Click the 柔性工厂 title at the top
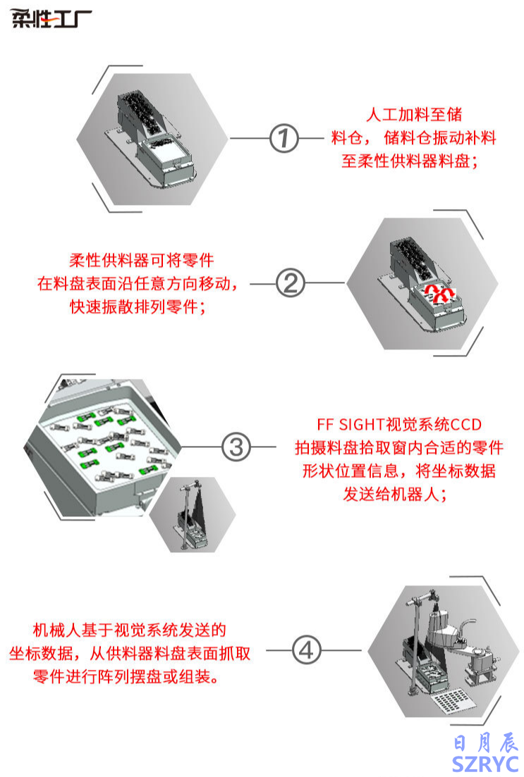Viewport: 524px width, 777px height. (51, 19)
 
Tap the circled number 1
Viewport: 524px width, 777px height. (285, 138)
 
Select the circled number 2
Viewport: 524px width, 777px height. (290, 284)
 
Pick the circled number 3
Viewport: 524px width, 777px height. (236, 447)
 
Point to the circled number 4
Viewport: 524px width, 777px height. (305, 650)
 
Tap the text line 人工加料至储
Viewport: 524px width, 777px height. (415, 114)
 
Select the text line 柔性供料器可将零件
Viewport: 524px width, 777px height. (142, 261)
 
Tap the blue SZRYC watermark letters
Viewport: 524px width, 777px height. (486, 764)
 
